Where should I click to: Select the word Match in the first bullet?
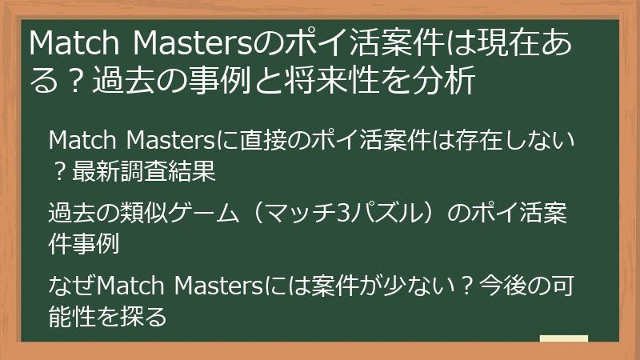click(81, 143)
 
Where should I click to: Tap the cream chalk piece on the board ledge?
click(564, 339)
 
